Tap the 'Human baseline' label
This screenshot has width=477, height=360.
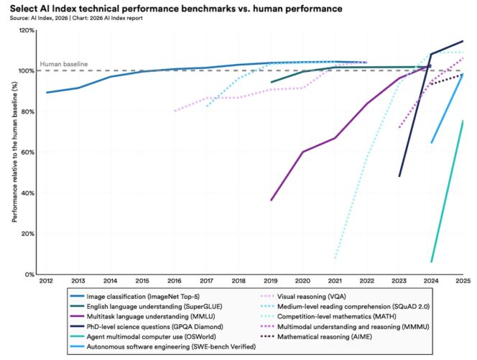(63, 64)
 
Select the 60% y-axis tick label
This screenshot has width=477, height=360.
(28, 152)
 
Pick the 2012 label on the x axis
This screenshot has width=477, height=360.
(47, 282)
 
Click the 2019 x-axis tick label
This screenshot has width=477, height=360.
(271, 282)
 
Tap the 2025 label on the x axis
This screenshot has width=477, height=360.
(463, 282)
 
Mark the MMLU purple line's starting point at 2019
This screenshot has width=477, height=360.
(271, 200)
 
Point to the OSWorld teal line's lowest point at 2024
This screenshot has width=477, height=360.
(432, 262)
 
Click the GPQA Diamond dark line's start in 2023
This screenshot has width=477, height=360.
(399, 176)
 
